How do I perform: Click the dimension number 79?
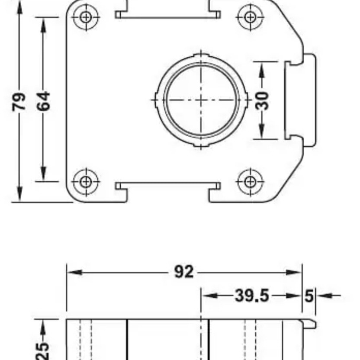(x=19, y=102)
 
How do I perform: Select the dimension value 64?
(x=43, y=101)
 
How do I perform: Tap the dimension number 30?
(x=262, y=101)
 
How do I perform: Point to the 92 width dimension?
(x=184, y=272)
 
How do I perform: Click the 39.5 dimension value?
(x=252, y=296)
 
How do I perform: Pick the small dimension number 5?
(x=309, y=296)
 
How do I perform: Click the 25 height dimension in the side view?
(x=43, y=350)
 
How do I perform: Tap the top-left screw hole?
(x=86, y=17)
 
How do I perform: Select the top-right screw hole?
(x=250, y=17)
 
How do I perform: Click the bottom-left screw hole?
(x=86, y=182)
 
